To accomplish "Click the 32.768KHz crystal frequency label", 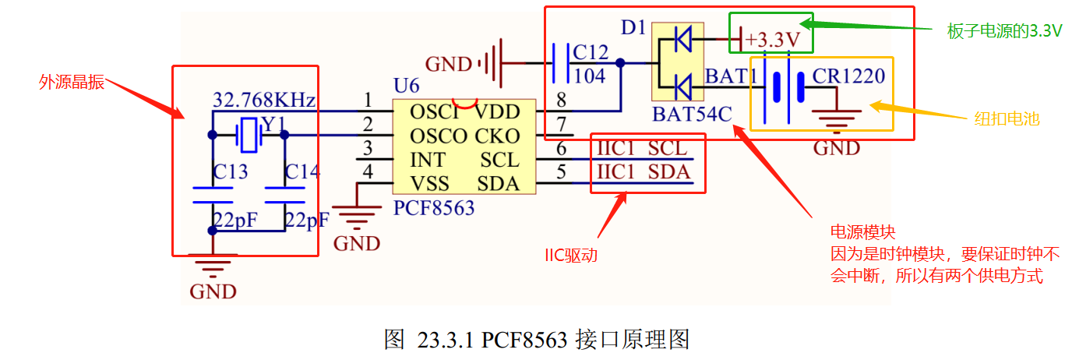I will click(x=263, y=100).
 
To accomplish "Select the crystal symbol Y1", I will click(x=249, y=135).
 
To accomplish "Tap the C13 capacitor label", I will click(x=231, y=171).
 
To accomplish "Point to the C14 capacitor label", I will click(x=302, y=171).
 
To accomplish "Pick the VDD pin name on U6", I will click(x=497, y=112).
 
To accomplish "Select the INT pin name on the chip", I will click(x=428, y=161).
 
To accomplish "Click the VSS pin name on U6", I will click(x=428, y=184).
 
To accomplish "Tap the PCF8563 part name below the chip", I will click(x=435, y=209).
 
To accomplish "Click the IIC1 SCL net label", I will click(x=643, y=148).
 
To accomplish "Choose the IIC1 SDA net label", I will click(x=644, y=171).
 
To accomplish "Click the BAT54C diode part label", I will click(x=693, y=115).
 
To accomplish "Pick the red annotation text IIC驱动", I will click(x=570, y=254).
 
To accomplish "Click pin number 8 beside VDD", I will click(x=560, y=99).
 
